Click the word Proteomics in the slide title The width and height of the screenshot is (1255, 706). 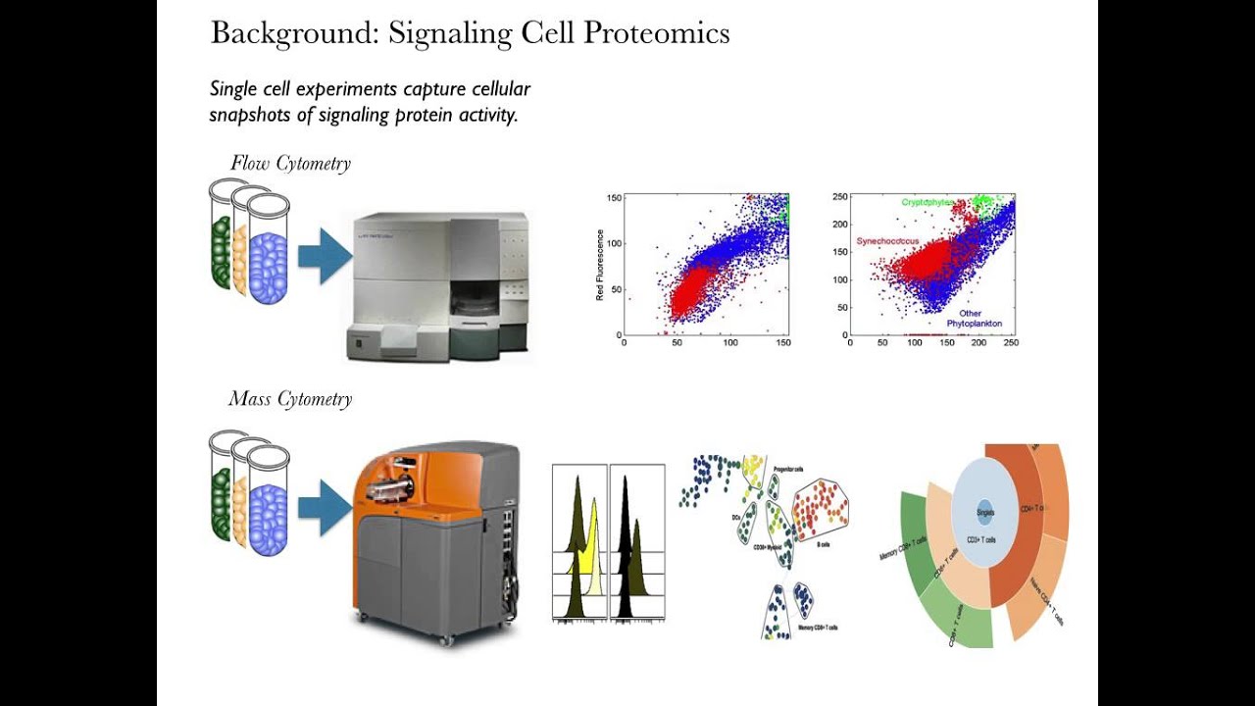coord(656,33)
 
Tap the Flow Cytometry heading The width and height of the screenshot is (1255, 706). coord(290,164)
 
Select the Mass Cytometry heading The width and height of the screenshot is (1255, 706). coord(290,399)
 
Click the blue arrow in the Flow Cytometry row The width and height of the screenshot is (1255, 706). coord(323,257)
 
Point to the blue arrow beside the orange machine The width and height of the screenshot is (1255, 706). coord(323,507)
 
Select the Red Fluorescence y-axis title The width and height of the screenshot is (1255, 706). coord(600,265)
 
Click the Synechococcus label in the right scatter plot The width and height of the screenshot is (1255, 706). coord(888,241)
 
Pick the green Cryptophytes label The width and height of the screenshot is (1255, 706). coord(928,203)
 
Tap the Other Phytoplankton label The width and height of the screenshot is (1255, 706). coord(974,319)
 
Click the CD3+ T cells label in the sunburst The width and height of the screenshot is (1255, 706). coord(980,540)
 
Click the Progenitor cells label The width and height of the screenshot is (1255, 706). coord(788,470)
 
